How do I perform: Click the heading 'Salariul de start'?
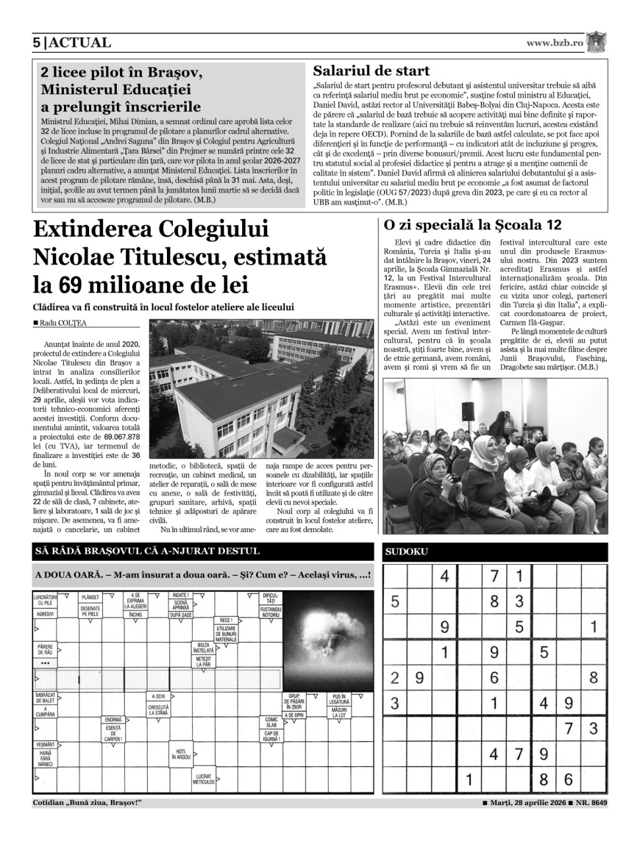371,71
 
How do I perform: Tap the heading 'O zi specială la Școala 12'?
473,224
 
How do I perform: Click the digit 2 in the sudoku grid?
395,677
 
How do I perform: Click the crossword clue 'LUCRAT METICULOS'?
203,779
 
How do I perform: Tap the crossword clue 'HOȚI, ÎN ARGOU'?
180,754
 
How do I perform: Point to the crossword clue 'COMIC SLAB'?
271,722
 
